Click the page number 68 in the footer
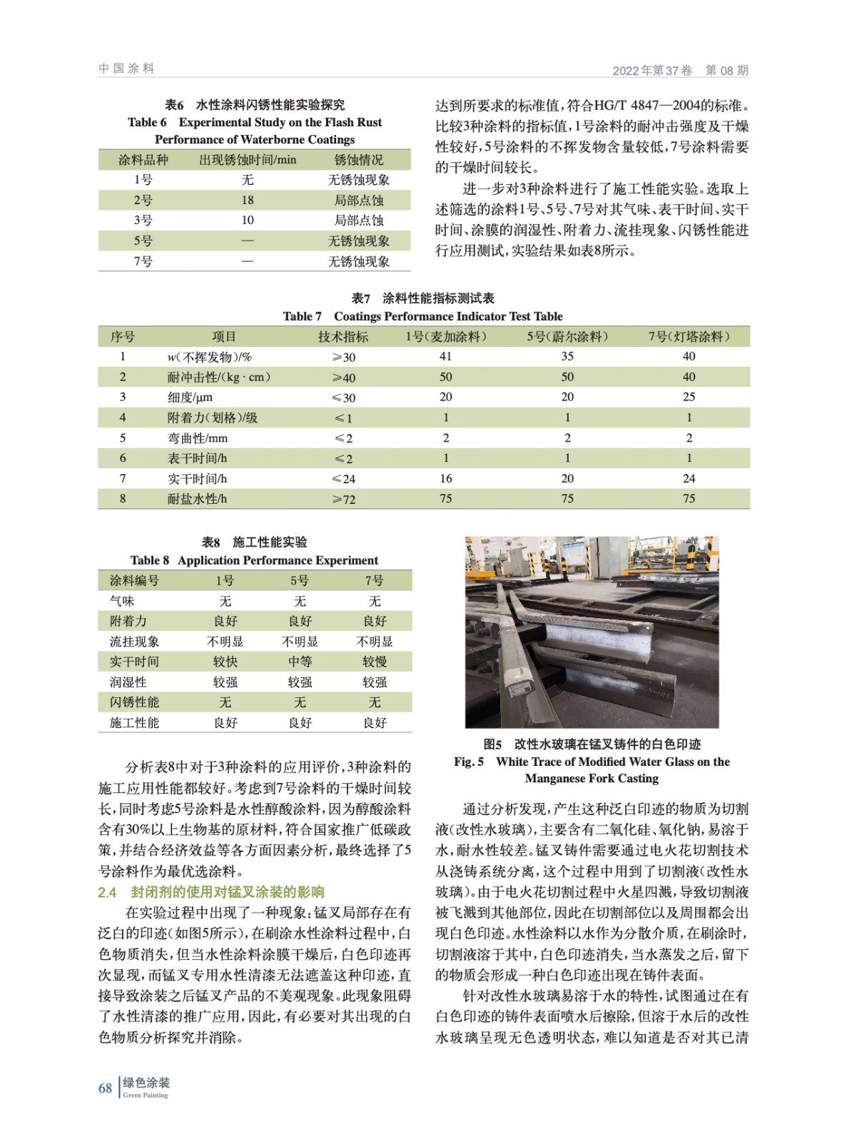pyautogui.click(x=105, y=1088)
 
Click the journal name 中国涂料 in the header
pyautogui.click(x=126, y=69)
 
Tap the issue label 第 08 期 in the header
pyautogui.click(x=726, y=70)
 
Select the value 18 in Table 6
pyautogui.click(x=247, y=201)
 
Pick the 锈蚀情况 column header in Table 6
pyautogui.click(x=358, y=160)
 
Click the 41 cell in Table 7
pyautogui.click(x=445, y=357)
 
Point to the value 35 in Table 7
pyautogui.click(x=567, y=357)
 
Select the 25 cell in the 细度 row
pyautogui.click(x=689, y=397)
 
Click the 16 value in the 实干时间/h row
pyautogui.click(x=445, y=478)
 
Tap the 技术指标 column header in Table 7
pyautogui.click(x=343, y=337)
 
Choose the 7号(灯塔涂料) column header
pyautogui.click(x=689, y=337)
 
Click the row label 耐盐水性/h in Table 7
pyautogui.click(x=197, y=499)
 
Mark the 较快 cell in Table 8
pyautogui.click(x=225, y=662)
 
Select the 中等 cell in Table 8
pyautogui.click(x=300, y=662)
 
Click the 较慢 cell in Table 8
pyautogui.click(x=375, y=662)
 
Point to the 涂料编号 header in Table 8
pyautogui.click(x=134, y=580)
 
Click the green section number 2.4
pyautogui.click(x=107, y=891)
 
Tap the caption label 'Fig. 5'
pyautogui.click(x=468, y=762)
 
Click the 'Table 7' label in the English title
pyautogui.click(x=302, y=316)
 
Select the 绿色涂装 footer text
pyautogui.click(x=146, y=1083)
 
